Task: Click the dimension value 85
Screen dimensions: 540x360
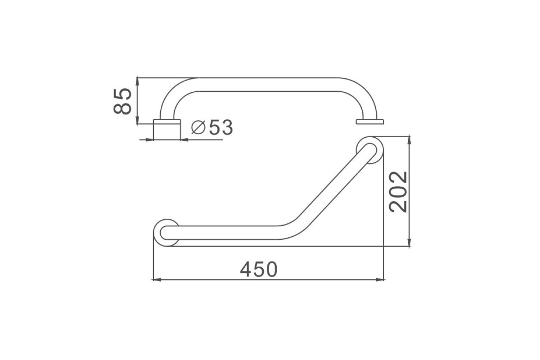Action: (122, 101)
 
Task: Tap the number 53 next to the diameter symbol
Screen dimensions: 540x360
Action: (221, 127)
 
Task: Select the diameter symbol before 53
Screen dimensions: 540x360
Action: (198, 127)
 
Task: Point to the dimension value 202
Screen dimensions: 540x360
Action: (398, 192)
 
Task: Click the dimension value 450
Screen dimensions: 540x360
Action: (259, 270)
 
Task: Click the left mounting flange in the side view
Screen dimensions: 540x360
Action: (167, 121)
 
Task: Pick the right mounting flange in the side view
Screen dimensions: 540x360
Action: (370, 121)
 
